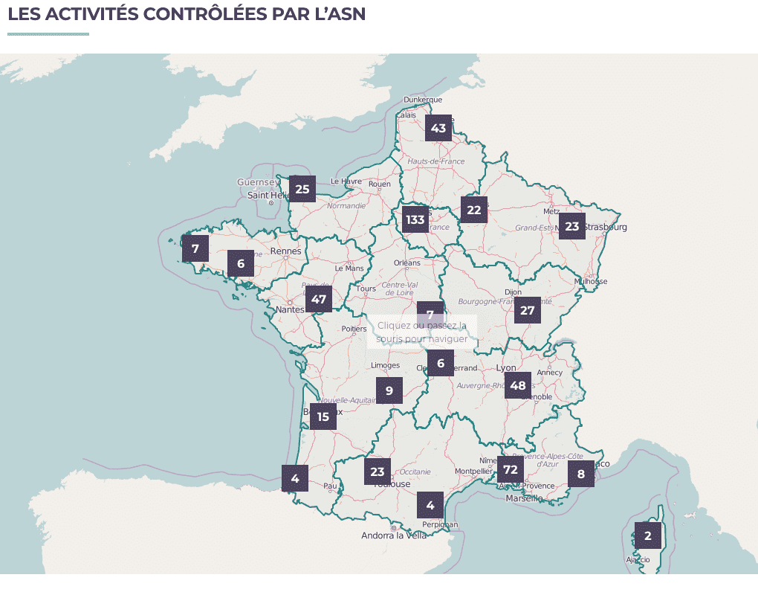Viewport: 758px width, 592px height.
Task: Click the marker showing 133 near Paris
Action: point(415,219)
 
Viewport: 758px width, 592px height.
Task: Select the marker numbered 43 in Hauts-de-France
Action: point(438,128)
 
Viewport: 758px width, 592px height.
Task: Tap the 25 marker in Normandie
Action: point(302,189)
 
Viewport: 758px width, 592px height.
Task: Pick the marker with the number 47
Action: point(319,300)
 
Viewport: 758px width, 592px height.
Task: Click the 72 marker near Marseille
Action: point(510,469)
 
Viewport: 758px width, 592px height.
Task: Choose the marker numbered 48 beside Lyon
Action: point(518,385)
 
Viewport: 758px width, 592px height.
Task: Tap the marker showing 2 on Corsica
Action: point(647,535)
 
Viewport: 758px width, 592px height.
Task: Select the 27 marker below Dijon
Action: point(528,310)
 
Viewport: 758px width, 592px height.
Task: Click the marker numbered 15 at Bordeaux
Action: point(323,416)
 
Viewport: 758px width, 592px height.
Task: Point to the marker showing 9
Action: point(389,390)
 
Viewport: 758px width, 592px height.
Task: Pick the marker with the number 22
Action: point(474,210)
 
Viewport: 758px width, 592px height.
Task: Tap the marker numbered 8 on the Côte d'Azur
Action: point(581,474)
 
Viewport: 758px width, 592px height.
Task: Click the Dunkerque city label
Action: point(422,100)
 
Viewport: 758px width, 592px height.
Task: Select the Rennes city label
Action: point(286,251)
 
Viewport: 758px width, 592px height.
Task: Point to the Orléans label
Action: point(406,263)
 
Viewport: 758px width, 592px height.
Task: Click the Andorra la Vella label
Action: point(394,535)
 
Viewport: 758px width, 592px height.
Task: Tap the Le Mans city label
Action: point(349,268)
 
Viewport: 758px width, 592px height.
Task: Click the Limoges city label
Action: point(385,365)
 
